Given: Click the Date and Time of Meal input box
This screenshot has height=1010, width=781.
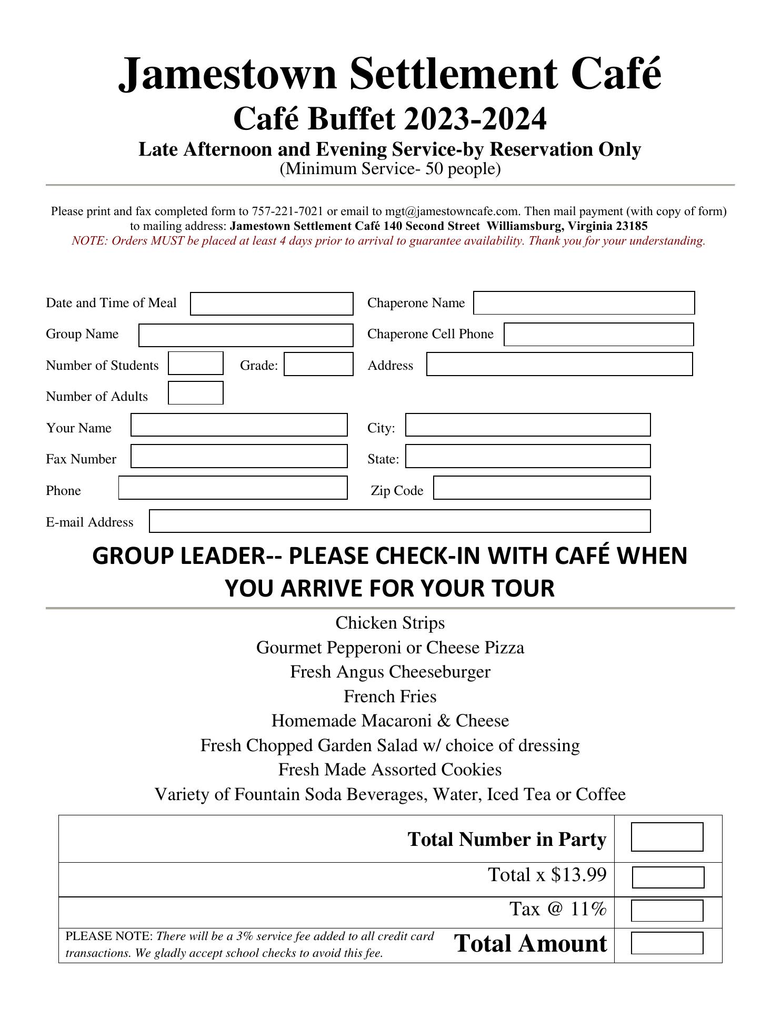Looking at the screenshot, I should point(272,304).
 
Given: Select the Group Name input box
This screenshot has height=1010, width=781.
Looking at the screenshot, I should point(246,335).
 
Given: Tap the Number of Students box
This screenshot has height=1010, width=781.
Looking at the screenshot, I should point(196,363).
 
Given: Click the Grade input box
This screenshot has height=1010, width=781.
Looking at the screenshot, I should point(318,364).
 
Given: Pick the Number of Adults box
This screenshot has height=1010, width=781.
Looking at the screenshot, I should point(196,393).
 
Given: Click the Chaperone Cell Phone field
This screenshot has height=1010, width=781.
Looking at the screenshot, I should point(598,335).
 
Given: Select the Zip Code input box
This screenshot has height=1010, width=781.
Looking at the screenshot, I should point(542,488).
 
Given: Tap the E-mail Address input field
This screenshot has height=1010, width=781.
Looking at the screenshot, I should point(399,521).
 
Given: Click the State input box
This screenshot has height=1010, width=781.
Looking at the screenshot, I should point(528,456).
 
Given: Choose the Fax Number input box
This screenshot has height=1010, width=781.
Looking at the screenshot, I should point(239,456).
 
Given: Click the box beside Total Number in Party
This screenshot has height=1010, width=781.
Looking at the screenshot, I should point(667,837).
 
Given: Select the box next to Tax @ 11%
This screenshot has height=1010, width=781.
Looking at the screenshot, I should point(667,911).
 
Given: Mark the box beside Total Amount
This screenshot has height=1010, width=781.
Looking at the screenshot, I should point(667,943).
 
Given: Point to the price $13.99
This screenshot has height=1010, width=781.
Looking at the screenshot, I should point(579,874).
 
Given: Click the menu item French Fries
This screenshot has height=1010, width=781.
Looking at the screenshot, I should point(390,696).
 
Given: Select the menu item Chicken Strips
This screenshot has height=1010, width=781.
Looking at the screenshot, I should point(390,623).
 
